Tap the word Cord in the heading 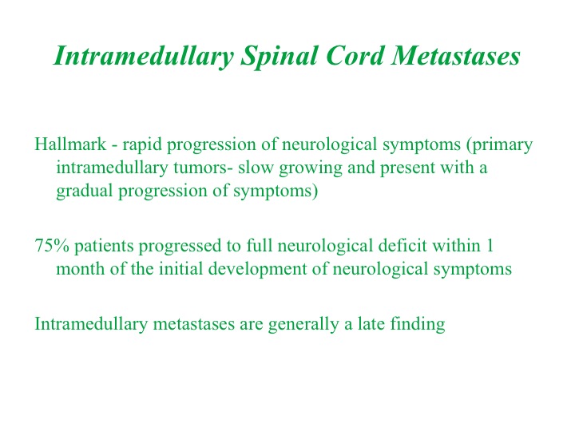pyautogui.click(x=354, y=56)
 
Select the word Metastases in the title pyautogui.click(x=455, y=56)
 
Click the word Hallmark pyautogui.click(x=70, y=144)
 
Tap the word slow pyautogui.click(x=256, y=167)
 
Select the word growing pyautogui.click(x=311, y=168)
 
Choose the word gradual pyautogui.click(x=85, y=192)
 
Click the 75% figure pyautogui.click(x=52, y=245)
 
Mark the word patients pyautogui.click(x=104, y=247)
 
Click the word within pyautogui.click(x=456, y=245)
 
